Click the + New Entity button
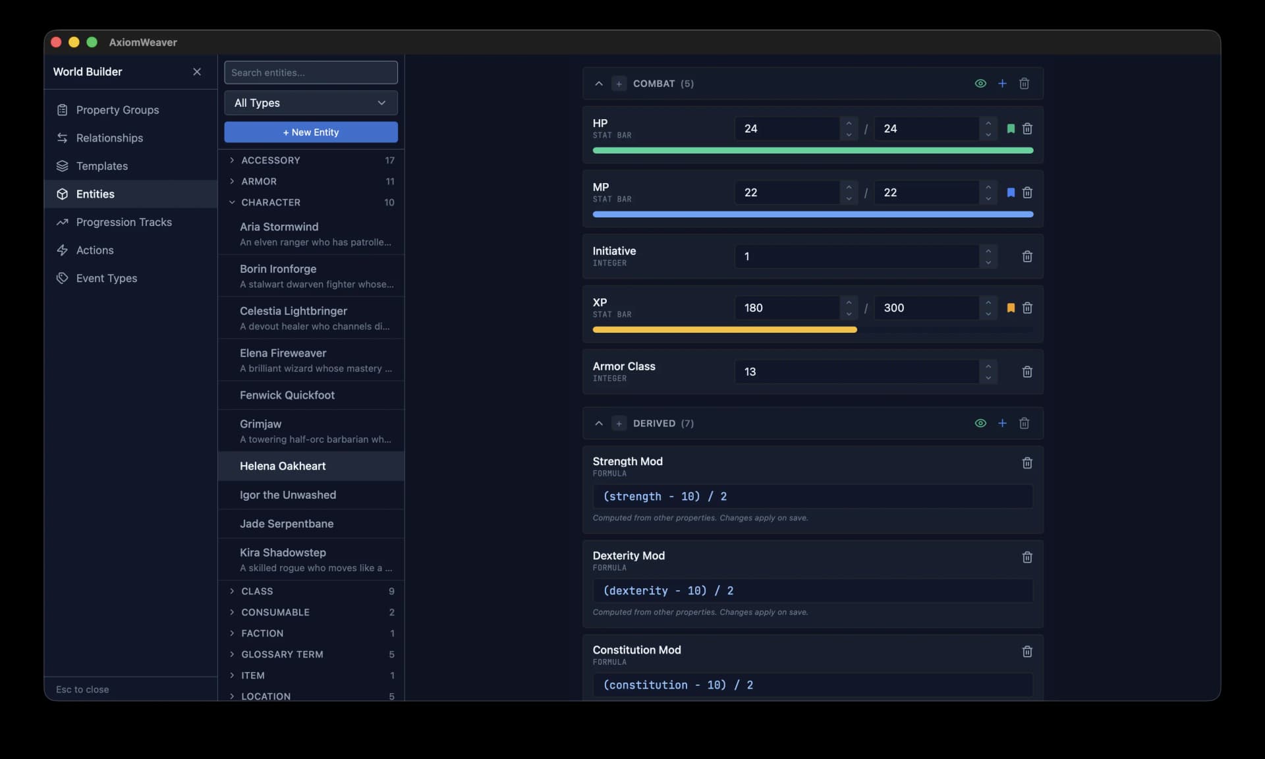[x=310, y=132]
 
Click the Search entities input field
[x=310, y=72]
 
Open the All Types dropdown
[x=310, y=103]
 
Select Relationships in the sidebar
[x=109, y=138]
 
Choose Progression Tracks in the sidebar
[x=124, y=222]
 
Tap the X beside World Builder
[x=197, y=72]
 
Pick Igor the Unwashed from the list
[x=288, y=495]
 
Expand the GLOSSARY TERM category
[x=282, y=654]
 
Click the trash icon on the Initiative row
[x=1026, y=256]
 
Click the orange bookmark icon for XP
[x=1011, y=308]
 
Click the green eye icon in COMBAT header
[x=980, y=84]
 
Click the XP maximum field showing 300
[x=926, y=308]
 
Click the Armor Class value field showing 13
[x=857, y=372]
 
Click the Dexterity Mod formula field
[x=812, y=590]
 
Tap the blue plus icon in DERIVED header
[x=1002, y=423]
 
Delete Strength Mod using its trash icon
[x=1026, y=463]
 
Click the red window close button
[x=57, y=42]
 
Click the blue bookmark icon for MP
[x=1011, y=192]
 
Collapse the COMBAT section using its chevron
[x=599, y=84]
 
